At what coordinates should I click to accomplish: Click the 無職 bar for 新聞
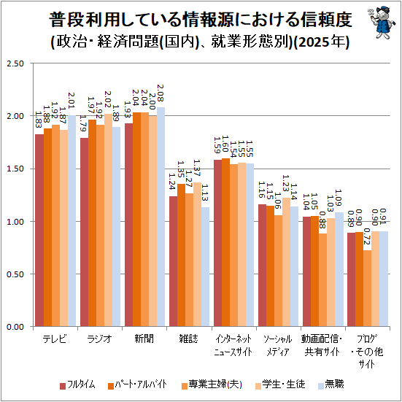[x=161, y=217]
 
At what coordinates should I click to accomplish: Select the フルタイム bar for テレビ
[x=39, y=230]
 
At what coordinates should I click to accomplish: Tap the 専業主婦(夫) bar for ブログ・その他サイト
[x=367, y=288]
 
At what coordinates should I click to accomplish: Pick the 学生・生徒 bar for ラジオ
[x=108, y=220]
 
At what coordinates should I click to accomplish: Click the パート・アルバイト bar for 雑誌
[x=181, y=255]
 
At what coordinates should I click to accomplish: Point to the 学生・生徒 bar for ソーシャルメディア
[x=286, y=262]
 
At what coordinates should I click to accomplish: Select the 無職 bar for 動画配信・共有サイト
[x=339, y=269]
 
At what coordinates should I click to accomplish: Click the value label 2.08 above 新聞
[x=161, y=93]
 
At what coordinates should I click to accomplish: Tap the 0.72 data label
[x=368, y=236]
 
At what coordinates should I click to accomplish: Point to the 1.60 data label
[x=225, y=144]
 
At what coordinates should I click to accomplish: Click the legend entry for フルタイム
[x=77, y=384]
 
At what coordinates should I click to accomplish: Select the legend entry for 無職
[x=331, y=384]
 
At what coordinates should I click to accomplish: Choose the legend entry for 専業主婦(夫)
[x=212, y=384]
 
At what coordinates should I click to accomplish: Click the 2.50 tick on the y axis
[x=15, y=63]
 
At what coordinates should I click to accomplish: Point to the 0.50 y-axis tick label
[x=15, y=274]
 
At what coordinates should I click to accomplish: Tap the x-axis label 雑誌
[x=189, y=339]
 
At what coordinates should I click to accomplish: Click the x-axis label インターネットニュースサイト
[x=233, y=345]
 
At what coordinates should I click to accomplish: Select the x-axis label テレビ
[x=55, y=339]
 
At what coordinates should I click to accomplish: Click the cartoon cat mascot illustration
[x=379, y=23]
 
